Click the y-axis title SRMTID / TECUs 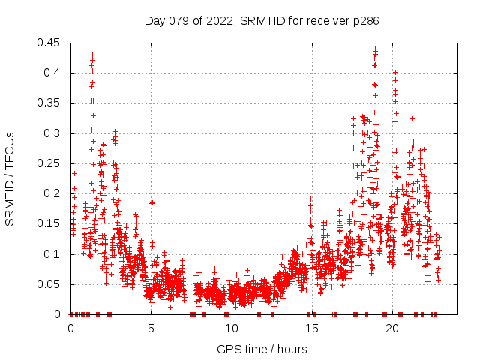[10, 178]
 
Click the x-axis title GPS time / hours [262, 349]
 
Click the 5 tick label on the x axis [151, 328]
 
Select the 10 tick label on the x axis [232, 328]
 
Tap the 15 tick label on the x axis [312, 328]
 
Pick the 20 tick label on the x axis [392, 328]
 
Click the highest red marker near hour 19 [375, 49]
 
